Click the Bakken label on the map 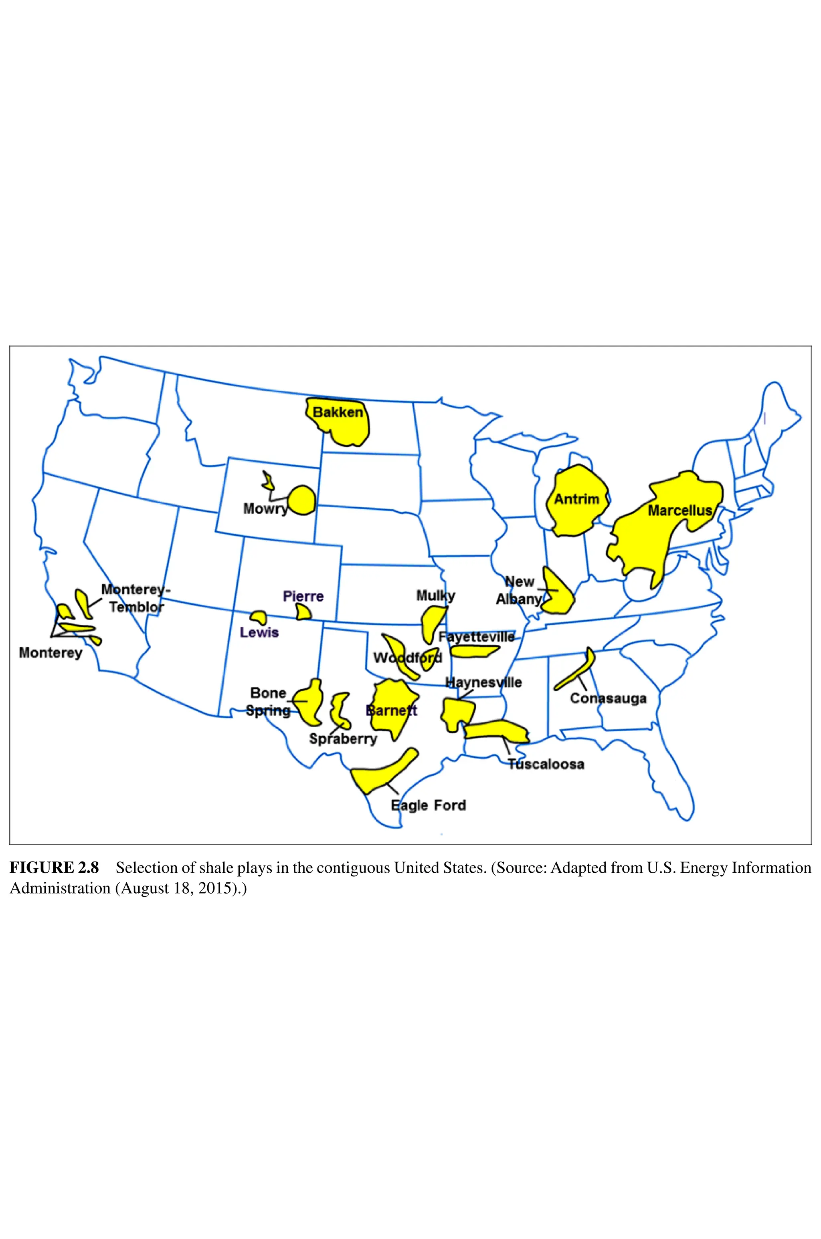(x=338, y=412)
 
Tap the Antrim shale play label (x=576, y=499)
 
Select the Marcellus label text (x=680, y=510)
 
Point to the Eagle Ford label (x=428, y=805)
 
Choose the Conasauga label (x=608, y=698)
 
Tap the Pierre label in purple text (x=303, y=597)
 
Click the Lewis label (x=259, y=633)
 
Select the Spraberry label (x=343, y=739)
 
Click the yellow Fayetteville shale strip (x=473, y=652)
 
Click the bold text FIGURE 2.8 (x=54, y=868)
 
